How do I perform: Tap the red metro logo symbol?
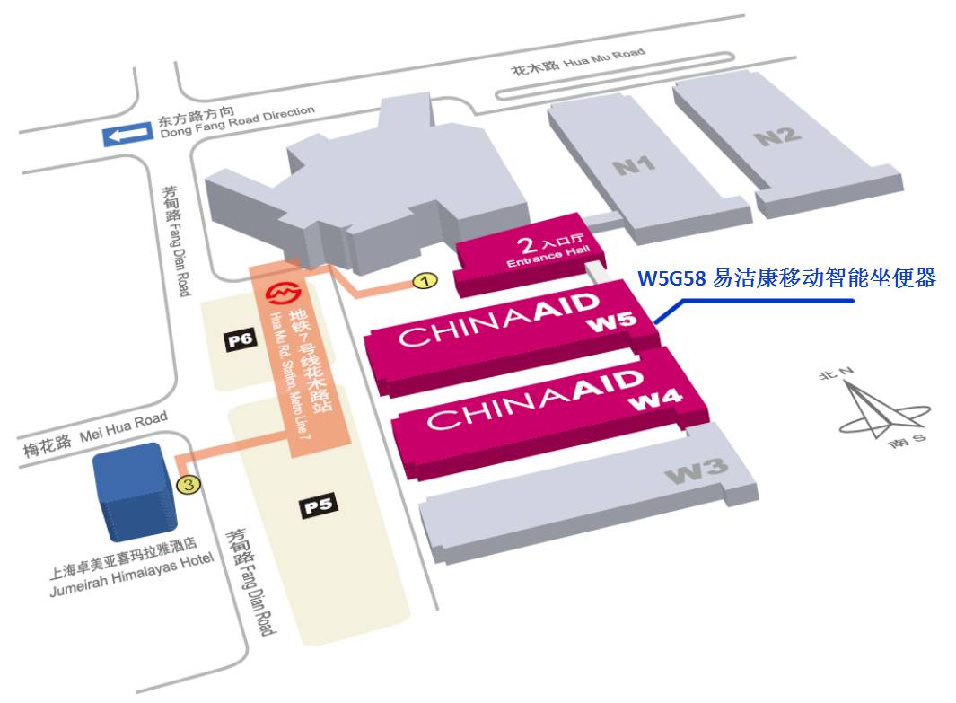click(285, 294)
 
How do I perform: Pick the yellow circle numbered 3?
click(188, 486)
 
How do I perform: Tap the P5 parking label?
click(319, 505)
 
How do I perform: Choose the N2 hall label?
click(776, 136)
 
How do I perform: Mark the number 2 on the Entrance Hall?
click(527, 242)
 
